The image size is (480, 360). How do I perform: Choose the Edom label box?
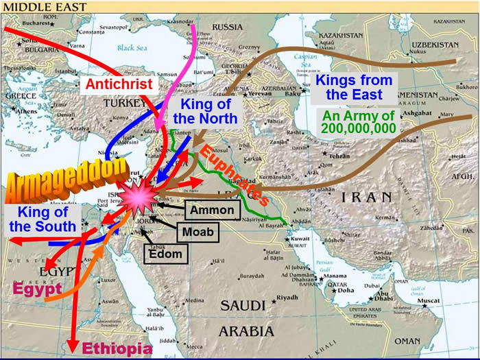pos(166,254)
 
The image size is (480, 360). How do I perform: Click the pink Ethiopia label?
pos(117,348)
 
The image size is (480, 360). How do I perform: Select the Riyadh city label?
pos(286,298)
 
